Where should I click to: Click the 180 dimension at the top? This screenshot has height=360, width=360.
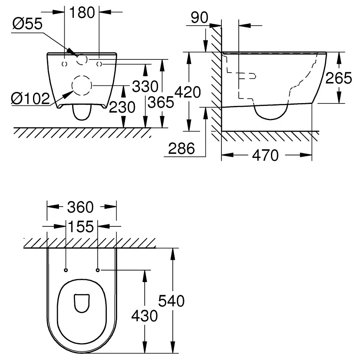click(82, 13)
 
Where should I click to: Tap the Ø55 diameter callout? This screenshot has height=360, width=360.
click(28, 24)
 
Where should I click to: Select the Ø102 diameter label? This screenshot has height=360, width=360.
click(31, 99)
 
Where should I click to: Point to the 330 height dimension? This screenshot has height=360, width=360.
click(145, 87)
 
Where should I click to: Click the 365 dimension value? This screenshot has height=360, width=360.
click(161, 102)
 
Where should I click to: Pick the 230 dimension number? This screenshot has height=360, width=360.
click(122, 107)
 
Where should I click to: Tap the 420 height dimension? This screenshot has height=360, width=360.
click(188, 92)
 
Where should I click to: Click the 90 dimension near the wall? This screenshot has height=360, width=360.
click(200, 18)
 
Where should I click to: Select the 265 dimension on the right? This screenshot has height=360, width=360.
click(339, 78)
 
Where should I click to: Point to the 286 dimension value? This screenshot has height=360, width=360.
click(181, 148)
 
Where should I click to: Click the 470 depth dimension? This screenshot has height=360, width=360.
click(266, 155)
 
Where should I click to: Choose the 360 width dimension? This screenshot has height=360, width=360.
click(80, 207)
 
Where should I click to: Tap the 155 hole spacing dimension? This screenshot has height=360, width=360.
click(81, 227)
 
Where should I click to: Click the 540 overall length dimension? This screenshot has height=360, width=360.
click(171, 301)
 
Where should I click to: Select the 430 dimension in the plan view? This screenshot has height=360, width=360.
click(144, 316)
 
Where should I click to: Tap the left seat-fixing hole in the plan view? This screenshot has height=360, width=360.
click(66, 270)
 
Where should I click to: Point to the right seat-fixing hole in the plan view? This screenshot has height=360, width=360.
click(98, 270)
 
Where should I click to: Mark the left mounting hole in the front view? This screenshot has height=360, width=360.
click(65, 64)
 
